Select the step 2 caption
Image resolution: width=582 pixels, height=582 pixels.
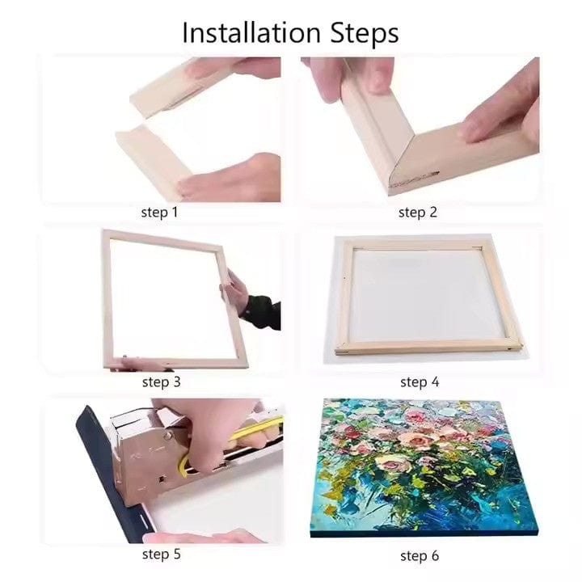pos(417,213)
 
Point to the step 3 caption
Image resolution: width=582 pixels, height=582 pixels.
pos(161,382)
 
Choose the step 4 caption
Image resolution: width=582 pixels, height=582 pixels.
pos(419,382)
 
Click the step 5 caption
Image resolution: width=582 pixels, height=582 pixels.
pos(161,554)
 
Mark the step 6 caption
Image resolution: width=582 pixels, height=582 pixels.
pos(419,555)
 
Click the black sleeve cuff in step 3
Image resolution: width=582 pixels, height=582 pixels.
pos(259,311)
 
